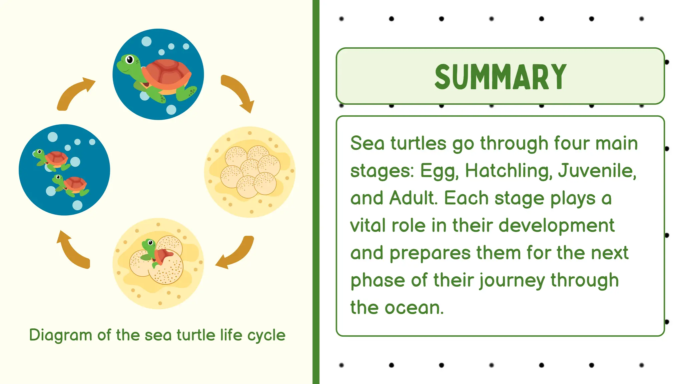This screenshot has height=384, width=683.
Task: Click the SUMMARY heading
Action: [500, 77]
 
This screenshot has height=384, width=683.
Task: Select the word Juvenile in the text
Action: [597, 171]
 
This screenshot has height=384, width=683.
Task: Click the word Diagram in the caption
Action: [60, 335]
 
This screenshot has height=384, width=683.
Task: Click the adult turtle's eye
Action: [129, 60]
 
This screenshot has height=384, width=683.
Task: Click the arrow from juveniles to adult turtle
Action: [75, 93]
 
